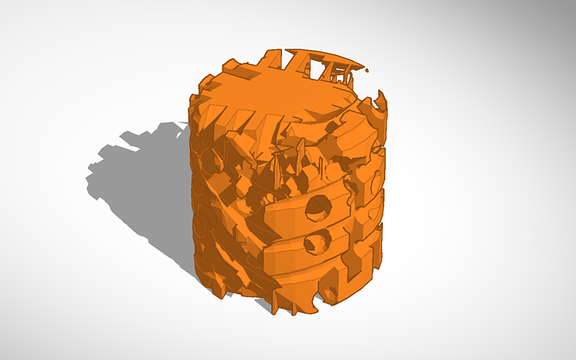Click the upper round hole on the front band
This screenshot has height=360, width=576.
(320, 207)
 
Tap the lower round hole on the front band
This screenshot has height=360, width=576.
(318, 242)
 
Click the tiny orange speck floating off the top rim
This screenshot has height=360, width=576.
(368, 70)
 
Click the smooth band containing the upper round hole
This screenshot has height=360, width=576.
(286, 211)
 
